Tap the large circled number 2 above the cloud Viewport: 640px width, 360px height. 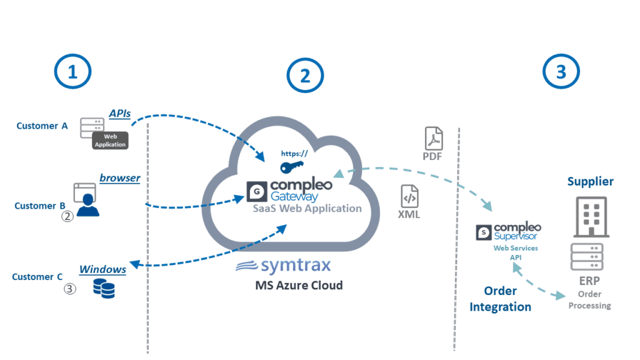304,76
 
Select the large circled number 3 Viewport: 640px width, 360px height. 561,72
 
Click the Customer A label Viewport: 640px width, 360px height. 42,126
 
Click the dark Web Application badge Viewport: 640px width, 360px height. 110,140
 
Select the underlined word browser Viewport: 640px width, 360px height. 120,178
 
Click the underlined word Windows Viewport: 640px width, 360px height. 102,269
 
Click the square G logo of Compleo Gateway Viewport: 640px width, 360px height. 256,190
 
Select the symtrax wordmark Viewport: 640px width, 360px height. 283,266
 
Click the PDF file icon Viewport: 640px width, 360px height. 434,138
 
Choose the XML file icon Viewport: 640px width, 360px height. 409,196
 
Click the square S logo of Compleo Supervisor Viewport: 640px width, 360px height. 483,232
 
